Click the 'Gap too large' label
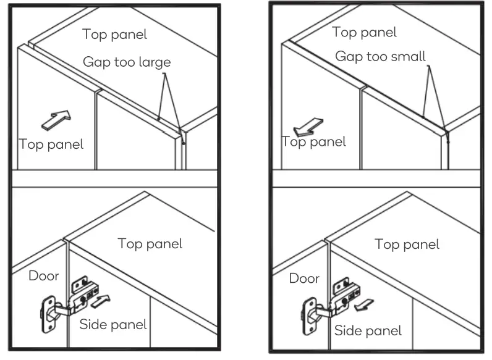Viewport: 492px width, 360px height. pyautogui.click(x=127, y=62)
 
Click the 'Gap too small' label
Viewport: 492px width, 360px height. pyautogui.click(x=380, y=56)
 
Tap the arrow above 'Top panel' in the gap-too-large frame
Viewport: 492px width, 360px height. pyautogui.click(x=56, y=120)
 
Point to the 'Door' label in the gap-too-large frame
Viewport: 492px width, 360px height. pyautogui.click(x=44, y=275)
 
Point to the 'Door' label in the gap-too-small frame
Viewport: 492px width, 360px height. pyautogui.click(x=305, y=278)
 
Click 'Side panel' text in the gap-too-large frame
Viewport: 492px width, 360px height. pyautogui.click(x=113, y=324)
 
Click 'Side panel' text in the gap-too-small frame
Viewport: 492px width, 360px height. pyautogui.click(x=368, y=330)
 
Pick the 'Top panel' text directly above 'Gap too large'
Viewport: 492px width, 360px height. pyautogui.click(x=114, y=35)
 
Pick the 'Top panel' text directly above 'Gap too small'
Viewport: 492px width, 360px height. pyautogui.click(x=364, y=32)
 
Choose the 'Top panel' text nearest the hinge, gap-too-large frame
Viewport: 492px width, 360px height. pyautogui.click(x=150, y=243)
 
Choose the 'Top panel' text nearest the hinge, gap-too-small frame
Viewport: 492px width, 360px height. pyautogui.click(x=407, y=245)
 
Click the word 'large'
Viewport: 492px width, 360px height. pyautogui.click(x=154, y=62)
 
